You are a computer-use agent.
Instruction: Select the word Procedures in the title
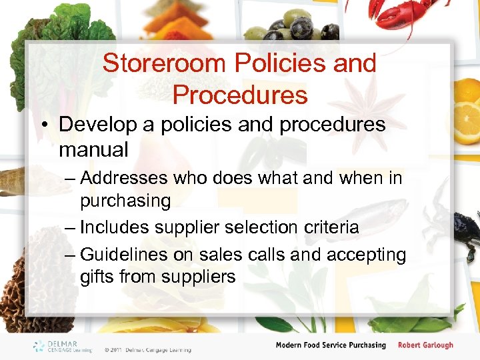point(240,95)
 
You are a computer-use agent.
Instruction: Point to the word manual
point(93,149)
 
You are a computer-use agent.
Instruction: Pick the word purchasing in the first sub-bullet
point(125,200)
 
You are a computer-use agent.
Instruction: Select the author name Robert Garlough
point(425,345)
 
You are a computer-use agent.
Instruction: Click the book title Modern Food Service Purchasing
point(331,345)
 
